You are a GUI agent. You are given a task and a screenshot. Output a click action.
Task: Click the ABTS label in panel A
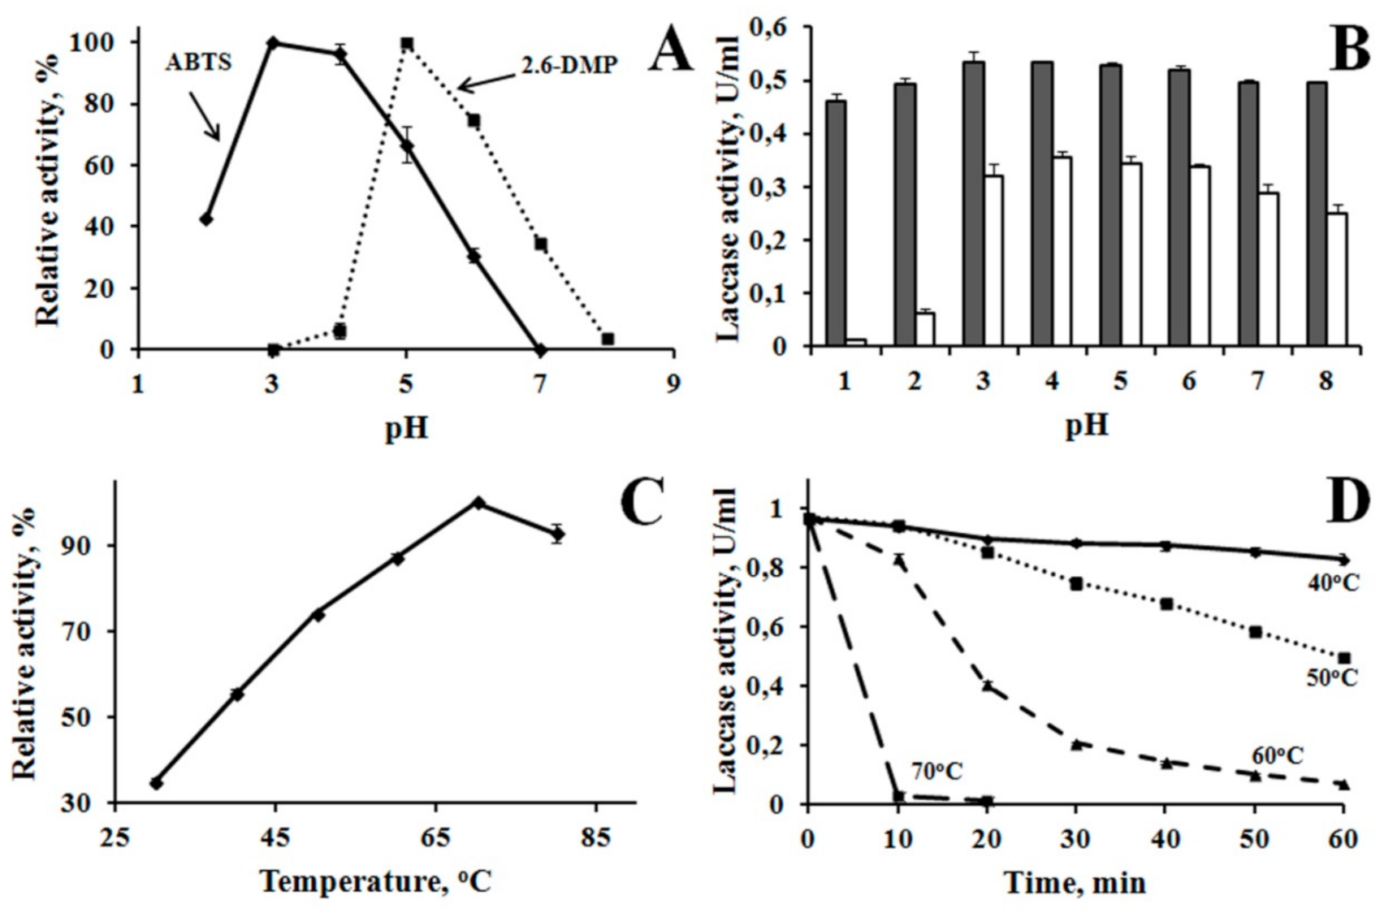199,63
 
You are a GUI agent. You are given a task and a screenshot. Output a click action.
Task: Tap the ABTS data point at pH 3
273,42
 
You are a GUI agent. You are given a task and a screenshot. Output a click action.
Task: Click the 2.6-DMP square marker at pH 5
407,44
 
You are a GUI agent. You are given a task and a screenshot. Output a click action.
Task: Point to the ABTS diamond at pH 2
206,219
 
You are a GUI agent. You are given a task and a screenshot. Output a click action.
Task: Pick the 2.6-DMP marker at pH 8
608,339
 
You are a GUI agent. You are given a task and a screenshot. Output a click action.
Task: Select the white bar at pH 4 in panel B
1062,251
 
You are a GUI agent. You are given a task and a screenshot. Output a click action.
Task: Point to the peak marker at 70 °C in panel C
479,503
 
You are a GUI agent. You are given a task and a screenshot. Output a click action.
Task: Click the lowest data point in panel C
156,783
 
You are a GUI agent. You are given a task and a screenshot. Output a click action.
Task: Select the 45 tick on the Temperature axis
275,837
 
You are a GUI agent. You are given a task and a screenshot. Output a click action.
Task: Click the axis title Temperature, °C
376,881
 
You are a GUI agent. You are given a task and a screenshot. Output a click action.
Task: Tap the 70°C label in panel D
936,771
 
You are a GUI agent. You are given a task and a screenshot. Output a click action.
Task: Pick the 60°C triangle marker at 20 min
988,686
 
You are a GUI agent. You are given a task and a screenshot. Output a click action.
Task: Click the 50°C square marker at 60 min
1343,658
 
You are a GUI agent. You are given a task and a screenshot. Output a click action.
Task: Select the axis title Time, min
1075,882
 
